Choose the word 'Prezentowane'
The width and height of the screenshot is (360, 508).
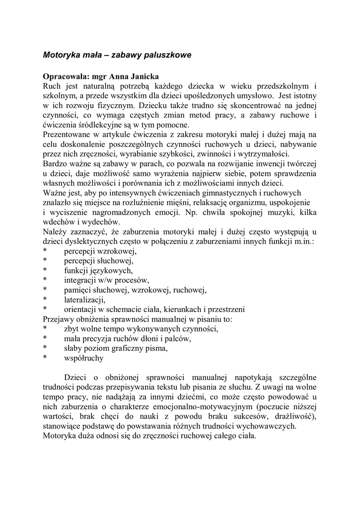click(68, 134)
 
